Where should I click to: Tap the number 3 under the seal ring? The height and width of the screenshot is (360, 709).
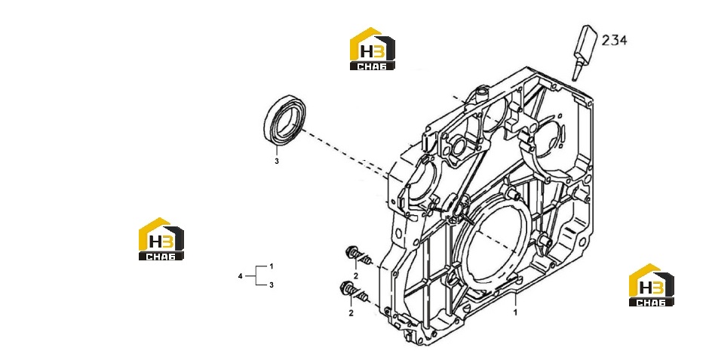click(x=277, y=161)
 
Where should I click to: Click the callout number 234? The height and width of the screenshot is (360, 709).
click(x=614, y=40)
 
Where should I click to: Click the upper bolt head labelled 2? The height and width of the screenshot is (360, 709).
click(x=351, y=252)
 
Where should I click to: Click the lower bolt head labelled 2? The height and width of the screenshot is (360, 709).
click(x=346, y=288)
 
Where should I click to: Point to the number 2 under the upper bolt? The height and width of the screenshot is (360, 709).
click(x=356, y=276)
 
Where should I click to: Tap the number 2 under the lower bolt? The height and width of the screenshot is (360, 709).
click(x=351, y=312)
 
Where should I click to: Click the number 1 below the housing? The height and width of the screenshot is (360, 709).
click(x=515, y=312)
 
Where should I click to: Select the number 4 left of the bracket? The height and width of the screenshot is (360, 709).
click(x=240, y=276)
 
